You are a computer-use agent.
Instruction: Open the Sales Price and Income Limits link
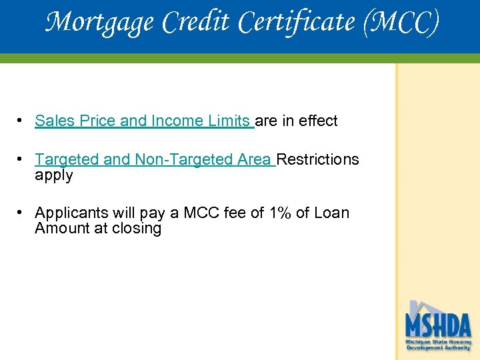[143, 121]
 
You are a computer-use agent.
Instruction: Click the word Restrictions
[318, 159]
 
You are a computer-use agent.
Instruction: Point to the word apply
[54, 175]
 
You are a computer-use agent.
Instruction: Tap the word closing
[137, 228]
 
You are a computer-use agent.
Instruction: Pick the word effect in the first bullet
[318, 121]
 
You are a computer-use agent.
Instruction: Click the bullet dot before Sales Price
[22, 121]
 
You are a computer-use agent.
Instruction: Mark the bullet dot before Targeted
[22, 159]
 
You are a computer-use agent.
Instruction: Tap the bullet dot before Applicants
[22, 213]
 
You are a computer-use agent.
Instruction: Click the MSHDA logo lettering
[438, 326]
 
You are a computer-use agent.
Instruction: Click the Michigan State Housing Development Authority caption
[438, 344]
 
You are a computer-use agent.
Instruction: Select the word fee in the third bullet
[237, 213]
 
